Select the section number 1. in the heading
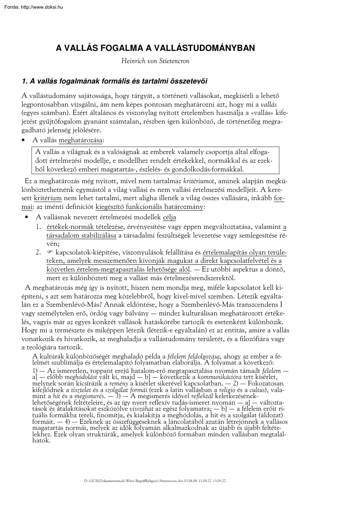25,80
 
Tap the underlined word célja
169,217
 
